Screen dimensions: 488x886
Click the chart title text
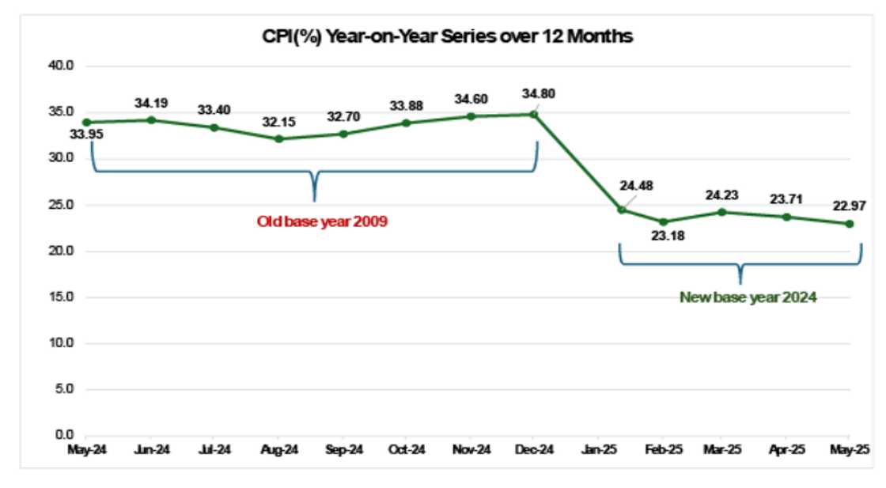(447, 36)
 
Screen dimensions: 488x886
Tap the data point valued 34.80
(534, 114)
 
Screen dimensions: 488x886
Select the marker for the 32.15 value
(278, 138)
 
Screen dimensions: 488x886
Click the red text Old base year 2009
(322, 221)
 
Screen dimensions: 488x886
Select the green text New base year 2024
(748, 298)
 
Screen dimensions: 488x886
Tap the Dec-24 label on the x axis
(534, 450)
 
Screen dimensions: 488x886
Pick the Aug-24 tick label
(278, 450)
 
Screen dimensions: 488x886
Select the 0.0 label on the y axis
(63, 436)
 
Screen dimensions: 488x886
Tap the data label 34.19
(151, 102)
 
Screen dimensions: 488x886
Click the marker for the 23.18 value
(663, 221)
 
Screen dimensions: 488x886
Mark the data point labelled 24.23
(721, 212)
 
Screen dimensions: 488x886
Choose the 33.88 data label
(407, 105)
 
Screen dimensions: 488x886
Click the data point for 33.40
(214, 127)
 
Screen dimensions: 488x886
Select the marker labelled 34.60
(471, 116)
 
